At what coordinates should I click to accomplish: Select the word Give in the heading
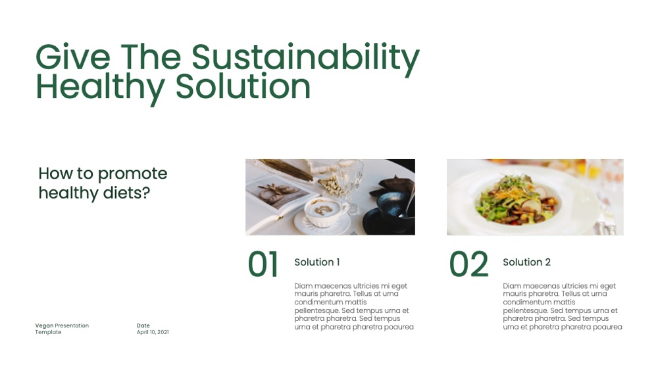pos(73,57)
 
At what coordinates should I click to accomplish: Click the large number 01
pos(263,264)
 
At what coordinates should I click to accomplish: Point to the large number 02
pos(468,264)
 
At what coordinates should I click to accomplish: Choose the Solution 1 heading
pos(317,262)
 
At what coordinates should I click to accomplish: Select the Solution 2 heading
pos(526,262)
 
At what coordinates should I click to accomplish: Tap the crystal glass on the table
pos(349,185)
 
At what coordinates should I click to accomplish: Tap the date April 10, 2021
pos(153,332)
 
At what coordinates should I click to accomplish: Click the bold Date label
pos(143,326)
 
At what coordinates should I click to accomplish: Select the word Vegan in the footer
pos(45,326)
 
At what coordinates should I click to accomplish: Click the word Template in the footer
pos(48,332)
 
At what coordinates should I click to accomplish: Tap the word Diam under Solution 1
pos(303,286)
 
